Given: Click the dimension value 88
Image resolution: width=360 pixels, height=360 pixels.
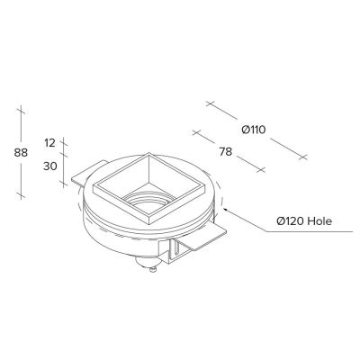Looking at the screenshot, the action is click(21, 153).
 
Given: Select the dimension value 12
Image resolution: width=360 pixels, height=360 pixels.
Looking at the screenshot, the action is click(49, 143).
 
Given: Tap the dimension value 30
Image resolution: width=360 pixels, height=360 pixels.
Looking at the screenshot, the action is click(50, 166).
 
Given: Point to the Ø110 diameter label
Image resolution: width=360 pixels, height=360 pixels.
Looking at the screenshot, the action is click(254, 130).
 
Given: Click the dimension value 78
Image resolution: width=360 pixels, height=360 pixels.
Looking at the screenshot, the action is click(226, 152).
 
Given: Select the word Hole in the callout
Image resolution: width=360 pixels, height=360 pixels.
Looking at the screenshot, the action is click(320, 221).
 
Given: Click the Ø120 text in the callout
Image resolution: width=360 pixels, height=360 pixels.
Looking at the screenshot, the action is click(291, 221).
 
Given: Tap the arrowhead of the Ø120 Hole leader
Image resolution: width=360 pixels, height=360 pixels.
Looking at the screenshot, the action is click(225, 210).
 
